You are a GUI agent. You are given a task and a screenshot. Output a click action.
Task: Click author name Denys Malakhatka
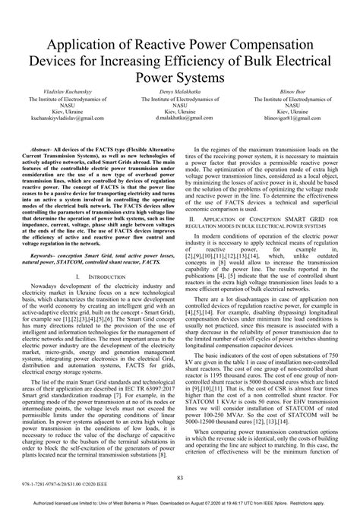(x=180, y=91)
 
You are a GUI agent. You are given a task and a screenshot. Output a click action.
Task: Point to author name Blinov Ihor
(x=300, y=91)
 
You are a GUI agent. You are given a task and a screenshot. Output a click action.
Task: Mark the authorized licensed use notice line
(x=180, y=502)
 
